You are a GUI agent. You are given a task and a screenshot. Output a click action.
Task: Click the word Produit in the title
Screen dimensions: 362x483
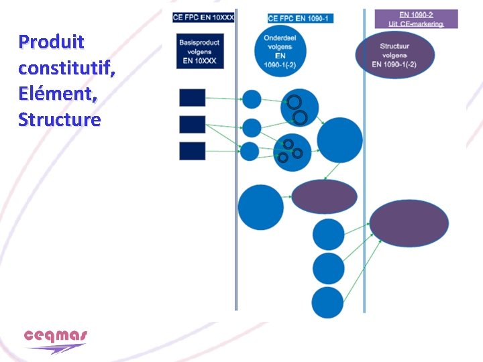click(x=52, y=42)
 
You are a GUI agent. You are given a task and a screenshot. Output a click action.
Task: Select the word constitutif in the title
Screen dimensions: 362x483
click(x=66, y=68)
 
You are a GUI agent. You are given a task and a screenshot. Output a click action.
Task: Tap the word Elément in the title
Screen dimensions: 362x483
click(x=58, y=94)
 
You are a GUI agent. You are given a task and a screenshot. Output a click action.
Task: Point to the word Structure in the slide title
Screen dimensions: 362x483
click(x=60, y=120)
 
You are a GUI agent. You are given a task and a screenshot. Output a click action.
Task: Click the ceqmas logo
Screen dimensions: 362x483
click(x=56, y=340)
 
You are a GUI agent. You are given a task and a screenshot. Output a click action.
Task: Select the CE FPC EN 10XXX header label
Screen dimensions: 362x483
click(x=203, y=17)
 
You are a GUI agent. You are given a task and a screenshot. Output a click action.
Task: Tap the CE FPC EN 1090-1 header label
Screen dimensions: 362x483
click(x=300, y=18)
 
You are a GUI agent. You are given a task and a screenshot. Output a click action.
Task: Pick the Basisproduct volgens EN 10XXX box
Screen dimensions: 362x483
click(x=199, y=51)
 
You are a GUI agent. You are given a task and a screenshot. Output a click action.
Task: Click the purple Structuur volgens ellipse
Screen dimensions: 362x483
click(x=394, y=56)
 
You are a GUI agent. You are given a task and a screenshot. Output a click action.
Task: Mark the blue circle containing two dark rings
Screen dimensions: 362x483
click(x=299, y=107)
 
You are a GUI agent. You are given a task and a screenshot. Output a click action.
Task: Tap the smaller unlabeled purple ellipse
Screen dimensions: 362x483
click(x=324, y=195)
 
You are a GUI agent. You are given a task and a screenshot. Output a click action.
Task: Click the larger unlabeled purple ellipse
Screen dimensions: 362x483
click(x=409, y=223)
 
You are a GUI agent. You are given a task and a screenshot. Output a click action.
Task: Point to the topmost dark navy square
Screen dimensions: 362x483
click(x=193, y=98)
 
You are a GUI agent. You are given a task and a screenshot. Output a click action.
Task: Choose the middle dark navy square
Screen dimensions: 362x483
click(x=193, y=124)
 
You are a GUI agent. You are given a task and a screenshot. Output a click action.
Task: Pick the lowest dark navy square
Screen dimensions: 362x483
click(x=193, y=151)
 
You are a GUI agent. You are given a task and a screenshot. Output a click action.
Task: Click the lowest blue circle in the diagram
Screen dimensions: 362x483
click(x=328, y=302)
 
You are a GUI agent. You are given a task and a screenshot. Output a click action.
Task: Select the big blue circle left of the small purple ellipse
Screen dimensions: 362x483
click(x=261, y=206)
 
